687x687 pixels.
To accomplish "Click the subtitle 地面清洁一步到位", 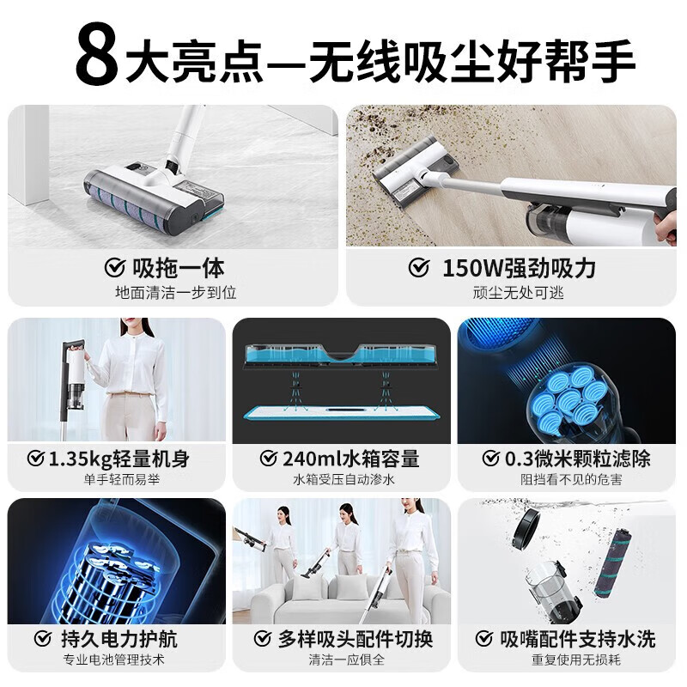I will [x=175, y=292].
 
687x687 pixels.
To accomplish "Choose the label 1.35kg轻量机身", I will [x=118, y=459].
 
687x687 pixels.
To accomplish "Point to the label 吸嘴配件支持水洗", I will [x=577, y=639].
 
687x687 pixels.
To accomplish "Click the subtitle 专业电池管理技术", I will [x=116, y=660].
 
